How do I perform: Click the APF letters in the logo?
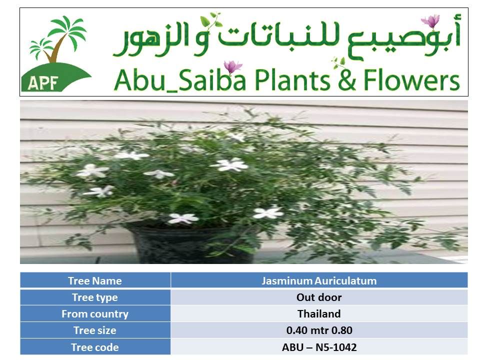(43, 82)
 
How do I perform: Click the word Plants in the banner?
(292, 80)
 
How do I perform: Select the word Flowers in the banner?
(411, 80)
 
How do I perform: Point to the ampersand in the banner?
(347, 80)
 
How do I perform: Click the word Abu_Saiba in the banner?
(179, 80)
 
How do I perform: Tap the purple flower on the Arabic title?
(430, 21)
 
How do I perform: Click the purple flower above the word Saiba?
(232, 66)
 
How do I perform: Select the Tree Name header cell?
(95, 280)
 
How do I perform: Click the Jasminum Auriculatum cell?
(319, 280)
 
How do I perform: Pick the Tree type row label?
(95, 297)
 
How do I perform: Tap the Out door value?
(319, 297)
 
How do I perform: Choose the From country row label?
(95, 314)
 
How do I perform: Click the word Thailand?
(319, 314)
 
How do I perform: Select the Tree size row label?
(95, 330)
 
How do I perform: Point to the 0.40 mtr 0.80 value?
(319, 330)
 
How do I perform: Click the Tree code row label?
(95, 347)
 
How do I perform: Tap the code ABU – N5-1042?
(319, 347)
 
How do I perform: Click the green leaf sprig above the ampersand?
(338, 63)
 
